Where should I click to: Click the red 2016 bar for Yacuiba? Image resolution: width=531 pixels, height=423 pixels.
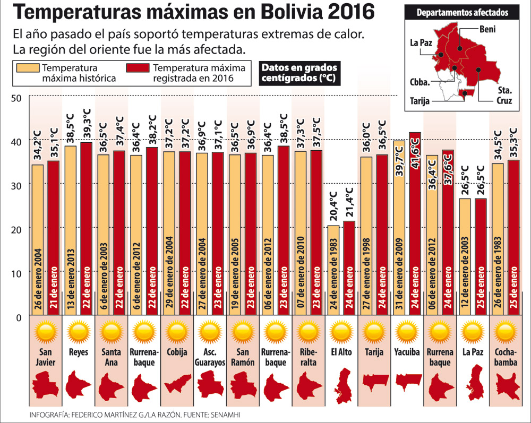(414, 223)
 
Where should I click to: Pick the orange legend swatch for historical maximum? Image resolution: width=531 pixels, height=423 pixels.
(28, 68)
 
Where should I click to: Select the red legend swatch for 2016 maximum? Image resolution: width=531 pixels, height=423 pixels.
(138, 68)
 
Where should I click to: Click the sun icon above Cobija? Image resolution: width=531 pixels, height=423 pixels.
(177, 333)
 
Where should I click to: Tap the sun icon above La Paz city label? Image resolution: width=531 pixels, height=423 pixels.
(473, 333)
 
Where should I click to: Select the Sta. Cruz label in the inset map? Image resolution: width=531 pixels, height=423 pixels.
(504, 96)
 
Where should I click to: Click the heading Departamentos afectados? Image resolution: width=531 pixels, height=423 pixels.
(461, 12)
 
